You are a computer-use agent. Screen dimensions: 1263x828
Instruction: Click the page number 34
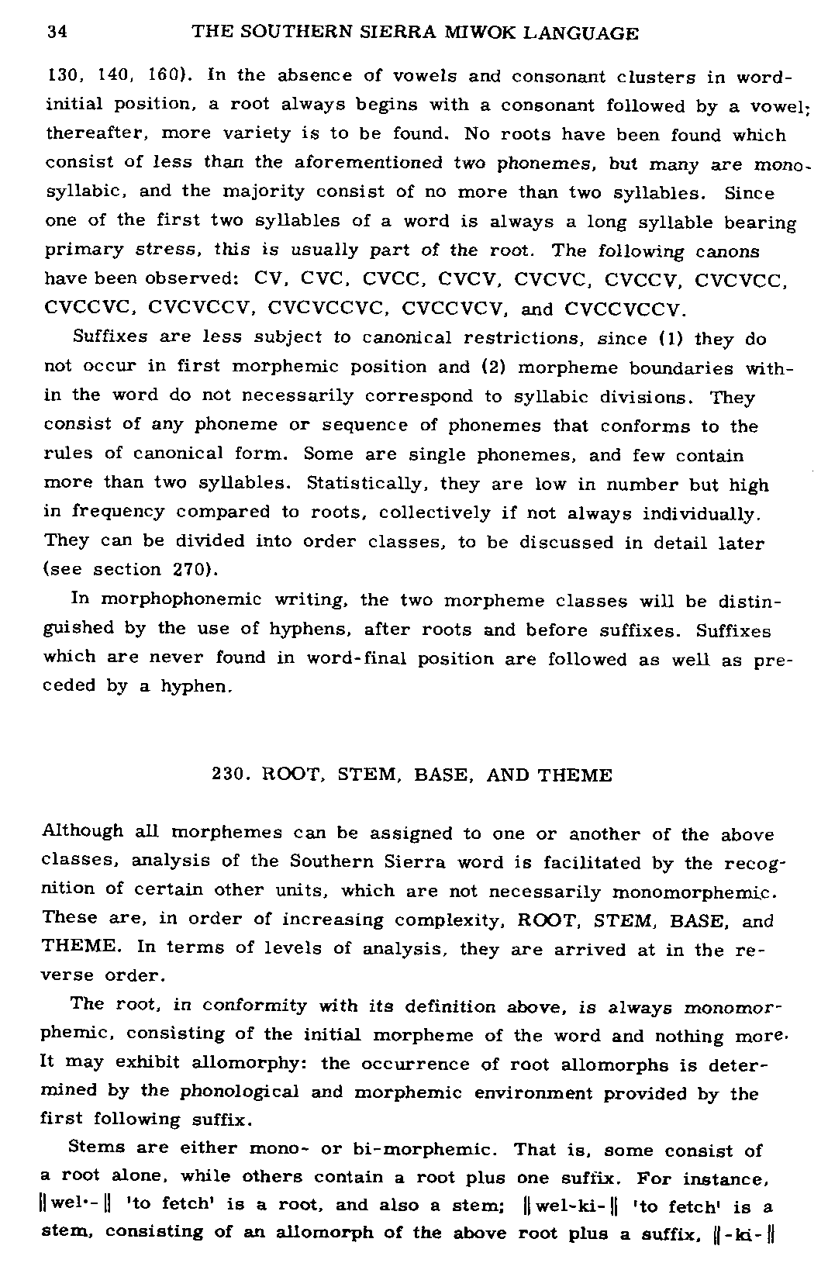coord(57,33)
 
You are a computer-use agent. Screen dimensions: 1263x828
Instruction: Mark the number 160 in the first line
coord(164,76)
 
